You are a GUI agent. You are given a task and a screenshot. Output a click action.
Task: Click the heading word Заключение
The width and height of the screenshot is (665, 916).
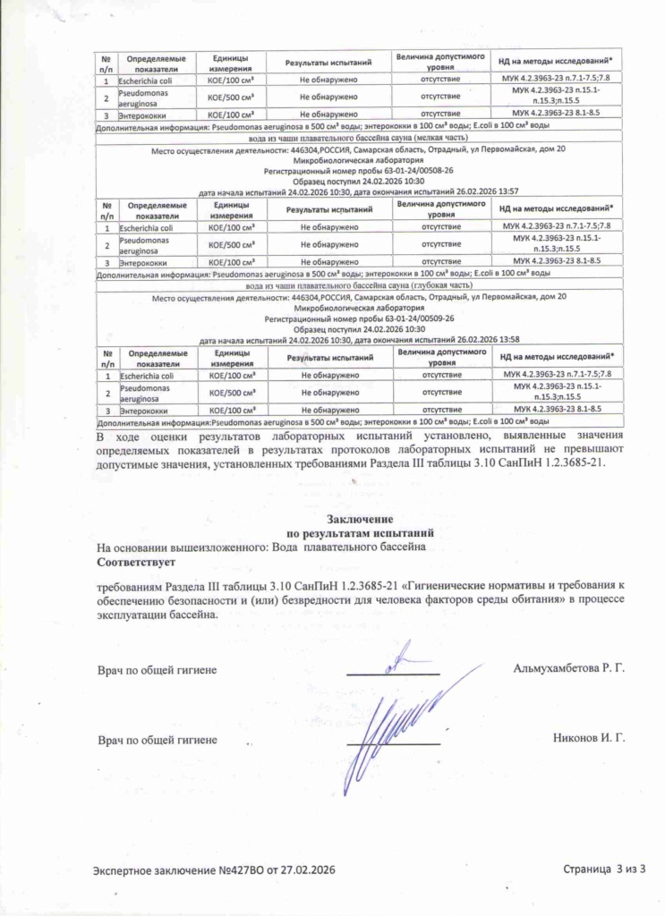[358, 519]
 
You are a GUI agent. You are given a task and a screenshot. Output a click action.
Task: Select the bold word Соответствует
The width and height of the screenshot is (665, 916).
[136, 562]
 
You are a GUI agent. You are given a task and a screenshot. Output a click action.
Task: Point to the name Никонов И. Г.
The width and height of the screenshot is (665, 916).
[589, 739]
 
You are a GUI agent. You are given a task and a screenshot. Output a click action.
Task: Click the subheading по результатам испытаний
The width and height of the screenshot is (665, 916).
[358, 531]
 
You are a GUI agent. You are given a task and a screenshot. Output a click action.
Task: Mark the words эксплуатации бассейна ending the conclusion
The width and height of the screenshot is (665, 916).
[157, 615]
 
